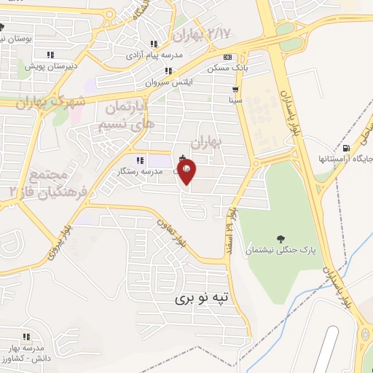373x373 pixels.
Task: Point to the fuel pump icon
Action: [345, 146]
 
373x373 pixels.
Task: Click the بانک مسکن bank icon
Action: [228, 57]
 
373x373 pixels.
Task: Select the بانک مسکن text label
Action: [224, 68]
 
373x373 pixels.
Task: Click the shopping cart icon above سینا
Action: [235, 89]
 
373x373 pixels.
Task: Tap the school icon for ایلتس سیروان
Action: [168, 71]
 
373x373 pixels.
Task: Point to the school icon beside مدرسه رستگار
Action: [138, 160]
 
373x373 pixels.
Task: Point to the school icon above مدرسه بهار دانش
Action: [25, 337]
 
